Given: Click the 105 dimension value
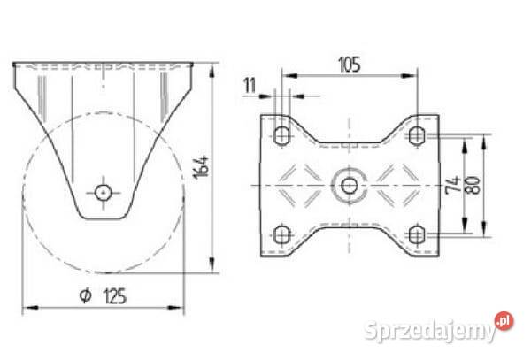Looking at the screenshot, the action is tap(350, 65).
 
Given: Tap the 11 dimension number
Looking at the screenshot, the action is tap(250, 86).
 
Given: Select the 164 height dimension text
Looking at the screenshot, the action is tap(201, 167).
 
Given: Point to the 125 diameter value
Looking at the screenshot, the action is tap(115, 296).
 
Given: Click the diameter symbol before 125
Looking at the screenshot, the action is tap(86, 295).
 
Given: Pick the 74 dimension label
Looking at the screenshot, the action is tap(454, 185).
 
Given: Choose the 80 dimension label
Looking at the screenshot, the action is tap(473, 185).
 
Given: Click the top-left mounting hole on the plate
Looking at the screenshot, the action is tap(281, 135).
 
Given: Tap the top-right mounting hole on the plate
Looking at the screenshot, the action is tap(417, 135).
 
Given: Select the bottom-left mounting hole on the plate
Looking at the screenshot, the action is tap(281, 234).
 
